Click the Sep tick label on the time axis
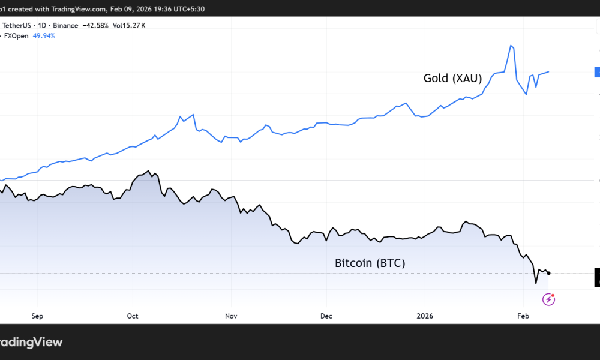37,316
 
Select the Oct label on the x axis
133,316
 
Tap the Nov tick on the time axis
230,316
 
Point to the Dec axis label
326,316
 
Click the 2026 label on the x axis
425,316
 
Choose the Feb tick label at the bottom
523,316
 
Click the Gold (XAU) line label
452,78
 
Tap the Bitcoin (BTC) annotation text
370,263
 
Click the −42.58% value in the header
97,25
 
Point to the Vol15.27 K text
130,25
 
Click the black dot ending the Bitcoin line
549,273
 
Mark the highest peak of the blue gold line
511,46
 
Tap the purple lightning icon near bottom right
548,299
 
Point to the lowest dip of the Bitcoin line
536,283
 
